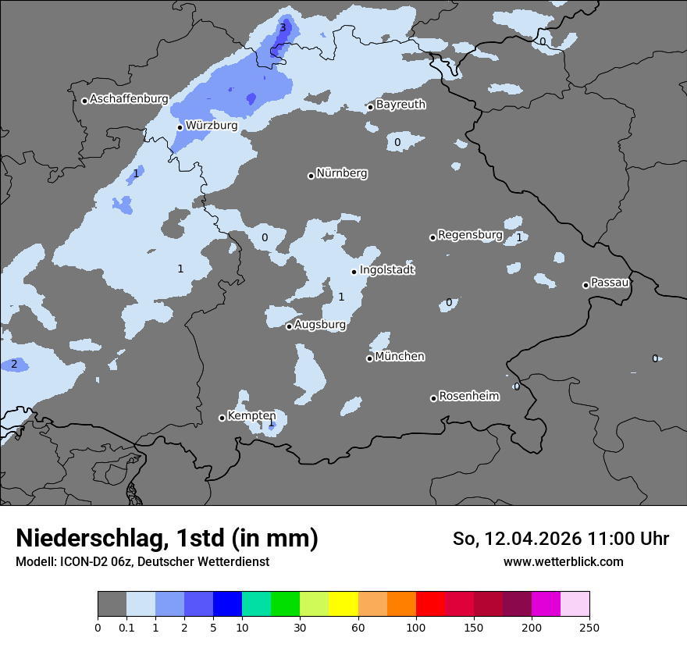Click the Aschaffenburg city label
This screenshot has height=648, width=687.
129,99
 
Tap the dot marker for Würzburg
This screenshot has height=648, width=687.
180,127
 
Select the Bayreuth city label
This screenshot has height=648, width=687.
400,105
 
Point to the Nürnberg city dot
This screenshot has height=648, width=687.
311,176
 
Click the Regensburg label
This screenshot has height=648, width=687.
469,235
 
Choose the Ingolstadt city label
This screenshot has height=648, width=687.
386,270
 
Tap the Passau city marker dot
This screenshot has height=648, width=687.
586,285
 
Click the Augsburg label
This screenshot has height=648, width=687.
319,324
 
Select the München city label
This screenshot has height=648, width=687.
400,357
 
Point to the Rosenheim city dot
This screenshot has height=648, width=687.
433,398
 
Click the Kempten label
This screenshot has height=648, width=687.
251,415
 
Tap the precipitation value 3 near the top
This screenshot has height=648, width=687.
283,28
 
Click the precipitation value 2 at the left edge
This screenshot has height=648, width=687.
14,365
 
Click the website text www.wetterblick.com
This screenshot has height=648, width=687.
563,561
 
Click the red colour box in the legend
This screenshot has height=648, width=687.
430,604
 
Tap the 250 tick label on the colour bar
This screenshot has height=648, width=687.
589,627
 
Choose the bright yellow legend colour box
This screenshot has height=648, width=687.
343,604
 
